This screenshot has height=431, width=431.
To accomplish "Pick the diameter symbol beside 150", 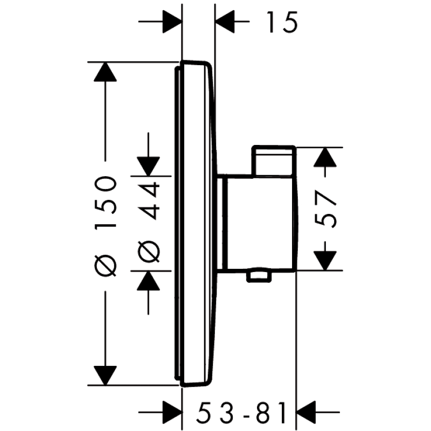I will point(106,265).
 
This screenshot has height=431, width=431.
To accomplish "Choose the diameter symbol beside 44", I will point(148,251).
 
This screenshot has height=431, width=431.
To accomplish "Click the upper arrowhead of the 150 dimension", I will point(106,73).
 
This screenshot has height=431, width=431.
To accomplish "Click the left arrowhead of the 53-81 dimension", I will point(175,414).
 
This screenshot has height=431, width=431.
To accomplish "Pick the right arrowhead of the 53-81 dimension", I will point(304,414).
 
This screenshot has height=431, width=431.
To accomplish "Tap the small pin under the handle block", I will point(257,277).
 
